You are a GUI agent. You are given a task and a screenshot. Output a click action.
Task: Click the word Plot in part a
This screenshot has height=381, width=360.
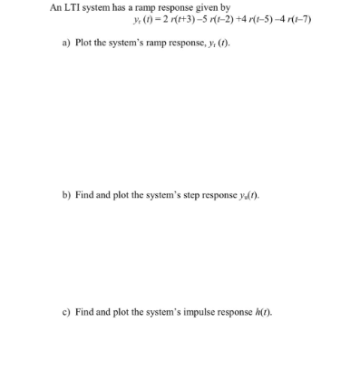coord(84,44)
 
